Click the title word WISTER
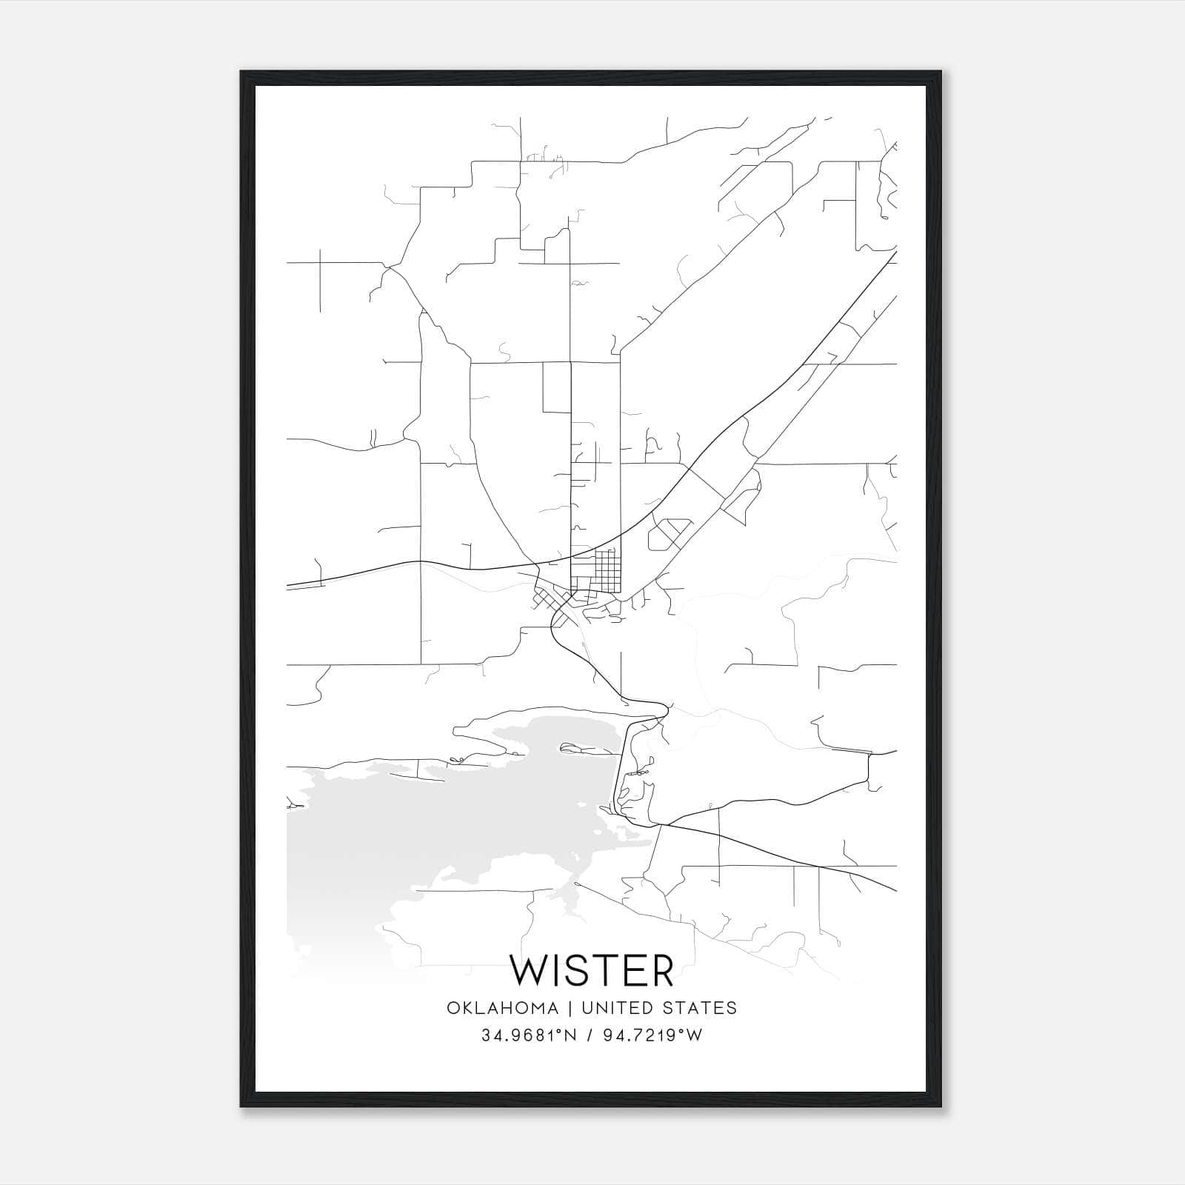(592, 970)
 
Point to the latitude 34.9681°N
(528, 1036)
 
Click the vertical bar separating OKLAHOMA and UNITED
(570, 1008)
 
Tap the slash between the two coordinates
(588, 1036)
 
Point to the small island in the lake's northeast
(585, 748)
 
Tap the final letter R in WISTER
(661, 970)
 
